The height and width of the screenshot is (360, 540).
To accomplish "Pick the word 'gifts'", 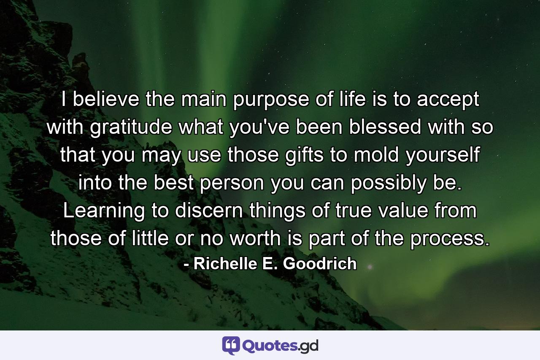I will pos(288,156).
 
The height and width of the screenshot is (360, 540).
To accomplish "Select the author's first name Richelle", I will pos(223,263).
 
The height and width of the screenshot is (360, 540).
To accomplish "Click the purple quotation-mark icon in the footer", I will pos(231,345).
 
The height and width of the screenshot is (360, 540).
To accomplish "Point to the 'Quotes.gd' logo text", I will pos(281,346).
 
